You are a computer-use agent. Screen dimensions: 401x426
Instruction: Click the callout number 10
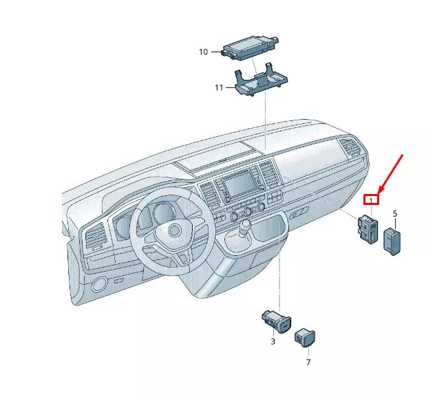click(x=203, y=52)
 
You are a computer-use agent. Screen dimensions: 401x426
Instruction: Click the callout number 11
click(x=219, y=87)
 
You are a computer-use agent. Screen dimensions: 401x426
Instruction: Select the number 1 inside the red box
click(x=372, y=199)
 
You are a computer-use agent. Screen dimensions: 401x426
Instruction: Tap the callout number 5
click(x=395, y=214)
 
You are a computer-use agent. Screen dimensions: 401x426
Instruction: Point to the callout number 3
click(x=273, y=341)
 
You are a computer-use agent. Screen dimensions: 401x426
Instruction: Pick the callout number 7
click(x=308, y=361)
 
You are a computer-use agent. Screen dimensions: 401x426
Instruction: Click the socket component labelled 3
click(x=276, y=320)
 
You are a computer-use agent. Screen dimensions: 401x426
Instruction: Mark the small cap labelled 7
click(x=305, y=337)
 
